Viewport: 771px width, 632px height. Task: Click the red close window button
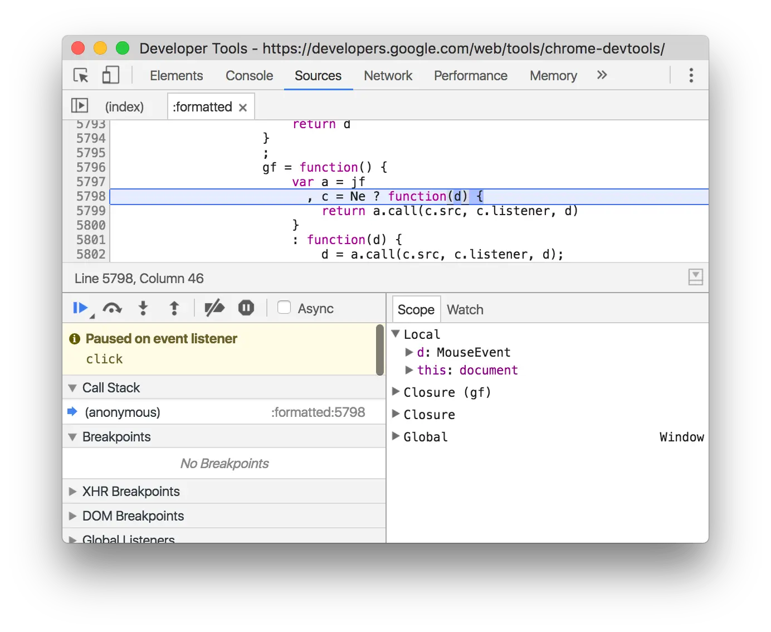click(x=78, y=48)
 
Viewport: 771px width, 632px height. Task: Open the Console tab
click(x=249, y=76)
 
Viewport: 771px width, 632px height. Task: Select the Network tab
click(x=388, y=76)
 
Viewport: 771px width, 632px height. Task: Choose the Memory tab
click(x=553, y=76)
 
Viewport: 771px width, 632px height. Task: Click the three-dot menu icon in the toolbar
click(x=691, y=75)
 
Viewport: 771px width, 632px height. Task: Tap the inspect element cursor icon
click(x=81, y=75)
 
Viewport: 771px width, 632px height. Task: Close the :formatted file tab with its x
click(x=243, y=108)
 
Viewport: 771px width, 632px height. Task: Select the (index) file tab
click(x=124, y=107)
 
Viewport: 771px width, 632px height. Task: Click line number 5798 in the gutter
click(x=91, y=196)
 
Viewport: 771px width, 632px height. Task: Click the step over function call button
click(x=113, y=308)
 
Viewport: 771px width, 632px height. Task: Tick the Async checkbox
click(x=284, y=308)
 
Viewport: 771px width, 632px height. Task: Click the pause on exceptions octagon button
click(x=246, y=308)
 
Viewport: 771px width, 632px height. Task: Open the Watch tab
click(x=465, y=310)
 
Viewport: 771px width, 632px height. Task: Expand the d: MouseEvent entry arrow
click(x=409, y=352)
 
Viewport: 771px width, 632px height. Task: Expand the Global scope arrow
click(x=396, y=436)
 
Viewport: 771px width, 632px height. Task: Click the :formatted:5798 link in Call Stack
click(x=318, y=412)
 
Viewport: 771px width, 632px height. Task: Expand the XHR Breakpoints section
click(x=72, y=492)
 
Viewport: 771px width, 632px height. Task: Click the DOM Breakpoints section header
click(x=133, y=516)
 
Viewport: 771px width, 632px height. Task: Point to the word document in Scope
click(x=489, y=370)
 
